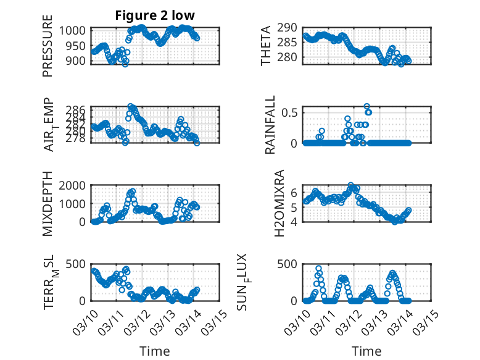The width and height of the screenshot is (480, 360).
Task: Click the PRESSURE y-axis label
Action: coord(48,51)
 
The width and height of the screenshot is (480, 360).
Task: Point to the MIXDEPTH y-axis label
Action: coord(48,204)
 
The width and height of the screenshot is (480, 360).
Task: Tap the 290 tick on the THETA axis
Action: coord(290,28)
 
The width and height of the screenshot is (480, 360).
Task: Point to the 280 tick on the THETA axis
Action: coord(290,57)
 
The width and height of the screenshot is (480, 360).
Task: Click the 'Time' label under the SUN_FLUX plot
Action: coord(366,351)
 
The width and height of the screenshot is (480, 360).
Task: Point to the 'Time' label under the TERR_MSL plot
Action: coord(154,351)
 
